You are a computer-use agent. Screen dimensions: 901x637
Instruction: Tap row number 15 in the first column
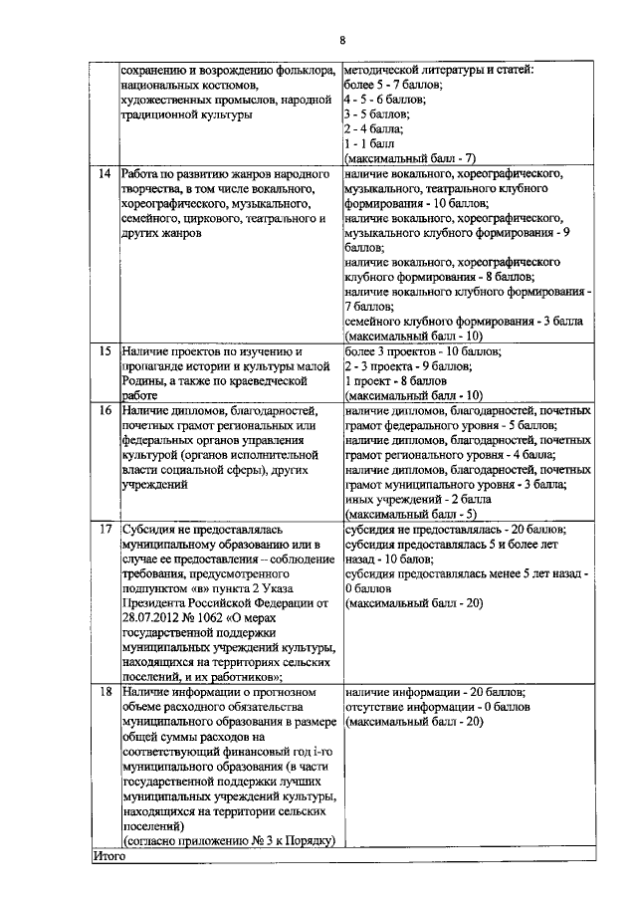(103, 351)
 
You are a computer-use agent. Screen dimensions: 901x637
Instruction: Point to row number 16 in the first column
(103, 410)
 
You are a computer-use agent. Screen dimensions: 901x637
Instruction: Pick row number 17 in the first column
(103, 529)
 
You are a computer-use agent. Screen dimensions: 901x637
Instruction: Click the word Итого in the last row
(105, 854)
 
